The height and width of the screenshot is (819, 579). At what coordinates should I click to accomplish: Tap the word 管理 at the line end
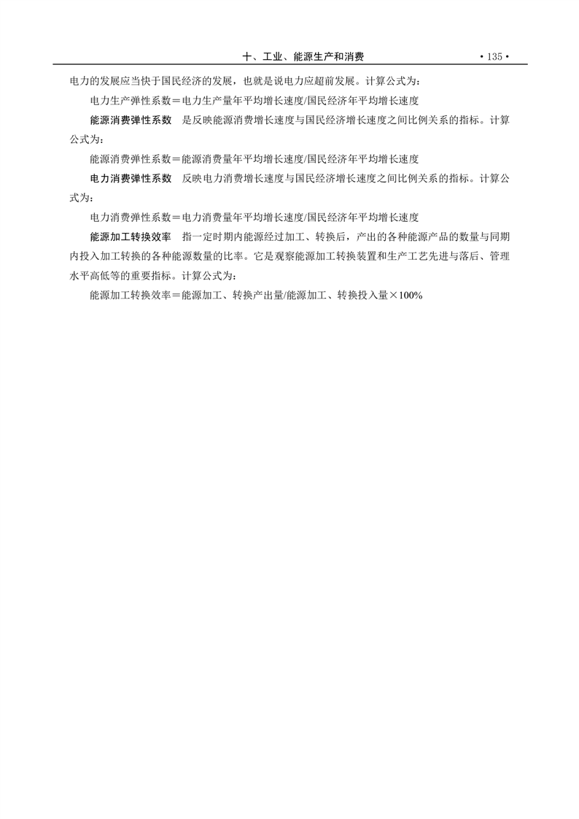click(499, 257)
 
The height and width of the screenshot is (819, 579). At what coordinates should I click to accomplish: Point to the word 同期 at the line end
click(499, 237)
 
